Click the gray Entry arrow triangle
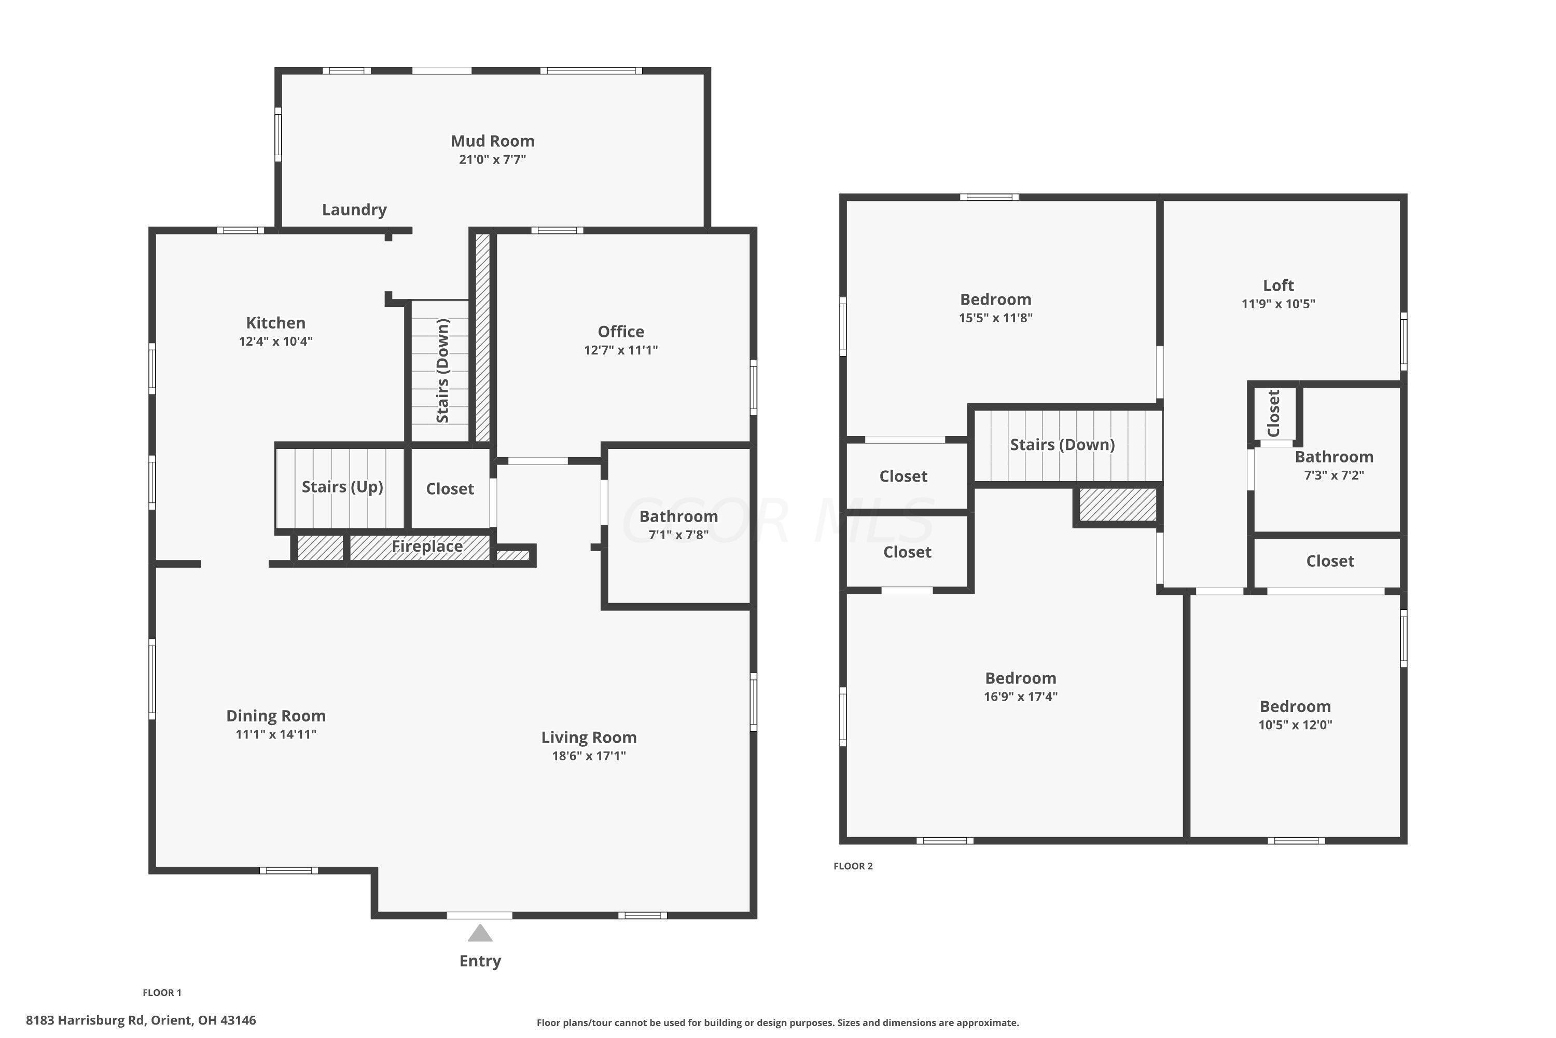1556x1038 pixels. [x=480, y=933]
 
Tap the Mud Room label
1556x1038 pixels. [x=492, y=141]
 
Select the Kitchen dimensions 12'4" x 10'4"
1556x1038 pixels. [x=276, y=342]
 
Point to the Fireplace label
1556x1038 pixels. [x=427, y=546]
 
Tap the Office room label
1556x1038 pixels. [x=620, y=332]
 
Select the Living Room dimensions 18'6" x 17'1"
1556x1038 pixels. [x=589, y=756]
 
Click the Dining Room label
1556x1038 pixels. [x=276, y=716]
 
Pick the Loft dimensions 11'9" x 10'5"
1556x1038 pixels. [x=1278, y=304]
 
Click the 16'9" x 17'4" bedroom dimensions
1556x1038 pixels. [x=1020, y=696]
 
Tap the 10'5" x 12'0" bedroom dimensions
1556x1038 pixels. [x=1295, y=725]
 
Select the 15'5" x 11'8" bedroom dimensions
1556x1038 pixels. [x=996, y=318]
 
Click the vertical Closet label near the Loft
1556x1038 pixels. [x=1273, y=413]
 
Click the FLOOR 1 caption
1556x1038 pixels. [x=162, y=992]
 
